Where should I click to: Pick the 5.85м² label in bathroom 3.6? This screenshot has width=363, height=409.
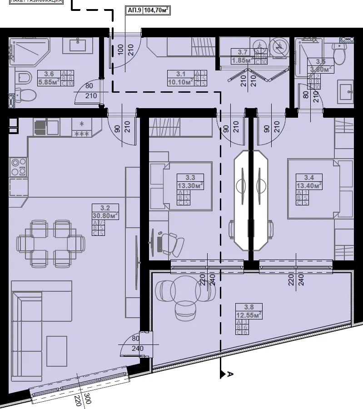point(50,83)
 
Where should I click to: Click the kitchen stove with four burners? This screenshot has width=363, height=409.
point(18,166)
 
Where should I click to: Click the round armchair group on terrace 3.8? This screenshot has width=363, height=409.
point(185,296)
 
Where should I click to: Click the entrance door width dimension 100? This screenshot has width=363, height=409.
point(121,49)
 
